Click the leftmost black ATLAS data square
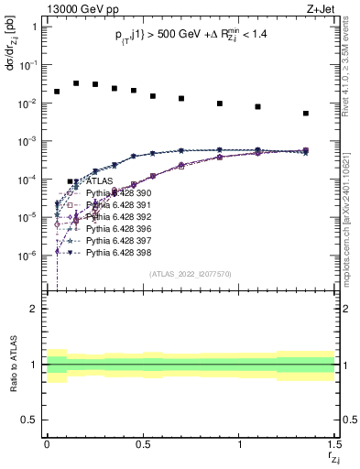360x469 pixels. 57,92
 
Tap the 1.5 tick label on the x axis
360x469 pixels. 334,442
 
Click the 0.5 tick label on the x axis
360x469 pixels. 143,442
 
